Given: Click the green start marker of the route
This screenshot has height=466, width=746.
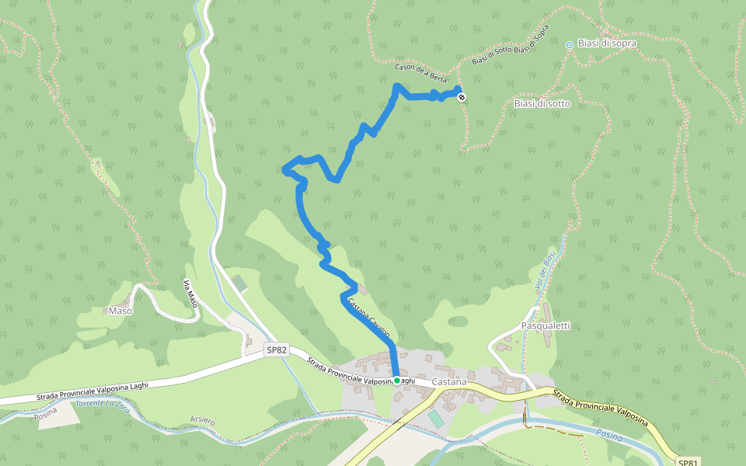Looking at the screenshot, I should click(x=397, y=381).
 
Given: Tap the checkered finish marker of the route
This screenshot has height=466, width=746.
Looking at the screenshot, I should click(x=462, y=97).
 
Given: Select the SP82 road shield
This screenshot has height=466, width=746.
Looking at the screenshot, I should click(x=277, y=350).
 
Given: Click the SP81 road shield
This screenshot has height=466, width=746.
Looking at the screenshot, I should click(x=688, y=462).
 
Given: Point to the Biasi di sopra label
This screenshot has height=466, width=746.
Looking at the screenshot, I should click(x=607, y=43).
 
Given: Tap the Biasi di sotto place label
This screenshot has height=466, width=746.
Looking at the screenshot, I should click(x=542, y=103).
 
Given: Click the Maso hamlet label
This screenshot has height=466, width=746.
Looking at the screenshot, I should click(x=120, y=311).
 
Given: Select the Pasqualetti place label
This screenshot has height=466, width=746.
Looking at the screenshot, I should click(x=546, y=326).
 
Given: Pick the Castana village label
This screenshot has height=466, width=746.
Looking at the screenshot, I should click(x=449, y=382).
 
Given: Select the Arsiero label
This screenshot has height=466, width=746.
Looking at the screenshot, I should click(x=202, y=420).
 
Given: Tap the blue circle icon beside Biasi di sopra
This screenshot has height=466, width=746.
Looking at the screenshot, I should click(x=570, y=45).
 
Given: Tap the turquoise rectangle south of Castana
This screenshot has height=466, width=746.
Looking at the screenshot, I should click(x=437, y=419).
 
